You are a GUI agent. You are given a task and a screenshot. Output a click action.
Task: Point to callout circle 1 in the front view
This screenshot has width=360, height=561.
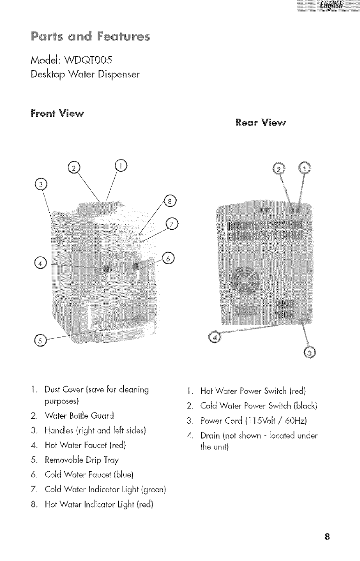click(120, 165)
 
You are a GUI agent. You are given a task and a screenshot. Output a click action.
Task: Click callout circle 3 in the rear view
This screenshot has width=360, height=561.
click(309, 352)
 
